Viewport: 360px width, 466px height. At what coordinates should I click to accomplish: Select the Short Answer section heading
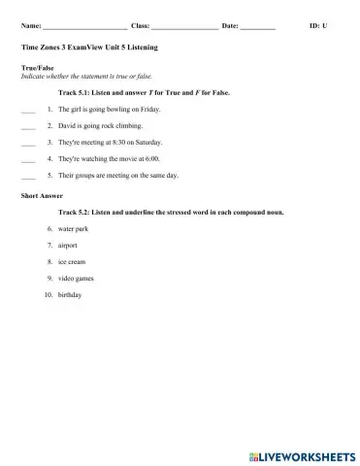40,195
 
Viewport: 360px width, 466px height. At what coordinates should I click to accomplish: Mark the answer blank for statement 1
27,112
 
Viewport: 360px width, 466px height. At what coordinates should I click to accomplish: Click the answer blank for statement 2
27,128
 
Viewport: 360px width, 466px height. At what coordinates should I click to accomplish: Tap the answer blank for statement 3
27,145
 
